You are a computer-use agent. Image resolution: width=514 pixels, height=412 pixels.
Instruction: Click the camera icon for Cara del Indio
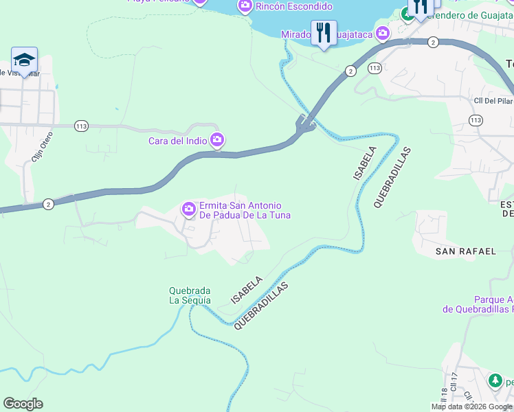click(217, 141)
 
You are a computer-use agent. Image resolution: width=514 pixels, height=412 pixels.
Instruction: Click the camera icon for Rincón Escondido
click(245, 6)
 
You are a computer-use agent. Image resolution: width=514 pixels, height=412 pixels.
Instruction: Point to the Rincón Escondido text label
click(293, 6)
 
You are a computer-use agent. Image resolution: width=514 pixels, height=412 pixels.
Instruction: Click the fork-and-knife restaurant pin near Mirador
click(324, 32)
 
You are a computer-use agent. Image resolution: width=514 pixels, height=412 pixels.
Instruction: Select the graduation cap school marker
click(24, 60)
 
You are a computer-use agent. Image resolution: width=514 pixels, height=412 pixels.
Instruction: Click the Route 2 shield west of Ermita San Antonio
click(47, 204)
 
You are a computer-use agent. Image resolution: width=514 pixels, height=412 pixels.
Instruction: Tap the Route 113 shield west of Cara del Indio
click(82, 126)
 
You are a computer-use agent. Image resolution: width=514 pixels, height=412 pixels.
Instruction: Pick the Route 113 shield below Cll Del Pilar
click(475, 120)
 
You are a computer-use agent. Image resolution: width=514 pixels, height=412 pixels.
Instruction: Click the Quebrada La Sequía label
click(190, 295)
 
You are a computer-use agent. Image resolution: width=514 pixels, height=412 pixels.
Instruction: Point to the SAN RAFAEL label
click(465, 251)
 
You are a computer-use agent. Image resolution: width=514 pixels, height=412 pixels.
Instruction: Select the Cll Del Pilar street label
click(494, 100)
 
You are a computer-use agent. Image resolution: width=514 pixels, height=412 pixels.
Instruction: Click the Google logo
click(23, 404)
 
